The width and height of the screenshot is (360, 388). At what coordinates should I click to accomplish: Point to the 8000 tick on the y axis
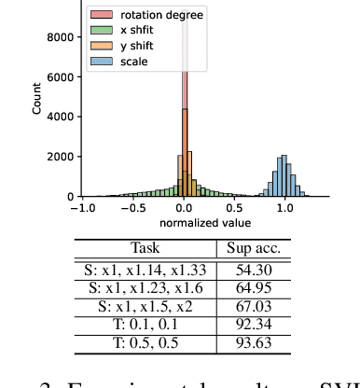[62, 38]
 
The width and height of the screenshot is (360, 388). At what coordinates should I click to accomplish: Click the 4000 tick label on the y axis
[62, 118]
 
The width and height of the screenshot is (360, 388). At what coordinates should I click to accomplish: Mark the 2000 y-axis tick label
[62, 158]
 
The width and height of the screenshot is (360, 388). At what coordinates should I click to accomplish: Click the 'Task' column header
[145, 249]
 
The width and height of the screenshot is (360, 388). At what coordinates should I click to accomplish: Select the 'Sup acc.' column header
[254, 249]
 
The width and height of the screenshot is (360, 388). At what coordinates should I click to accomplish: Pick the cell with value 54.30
[254, 270]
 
